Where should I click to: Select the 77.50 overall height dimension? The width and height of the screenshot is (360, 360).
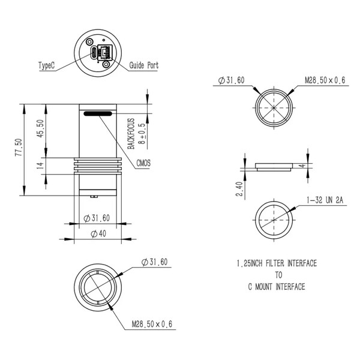click(x=19, y=149)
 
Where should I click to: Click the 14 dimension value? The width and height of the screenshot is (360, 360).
click(x=40, y=166)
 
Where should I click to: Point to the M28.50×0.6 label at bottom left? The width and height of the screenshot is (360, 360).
click(x=152, y=325)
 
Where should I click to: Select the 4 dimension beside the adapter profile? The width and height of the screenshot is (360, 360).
click(x=305, y=165)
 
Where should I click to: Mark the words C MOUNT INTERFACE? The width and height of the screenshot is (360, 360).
click(x=276, y=287)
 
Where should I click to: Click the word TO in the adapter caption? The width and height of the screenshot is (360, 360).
click(x=276, y=275)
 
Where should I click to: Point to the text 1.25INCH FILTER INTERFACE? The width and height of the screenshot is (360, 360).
click(x=276, y=263)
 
